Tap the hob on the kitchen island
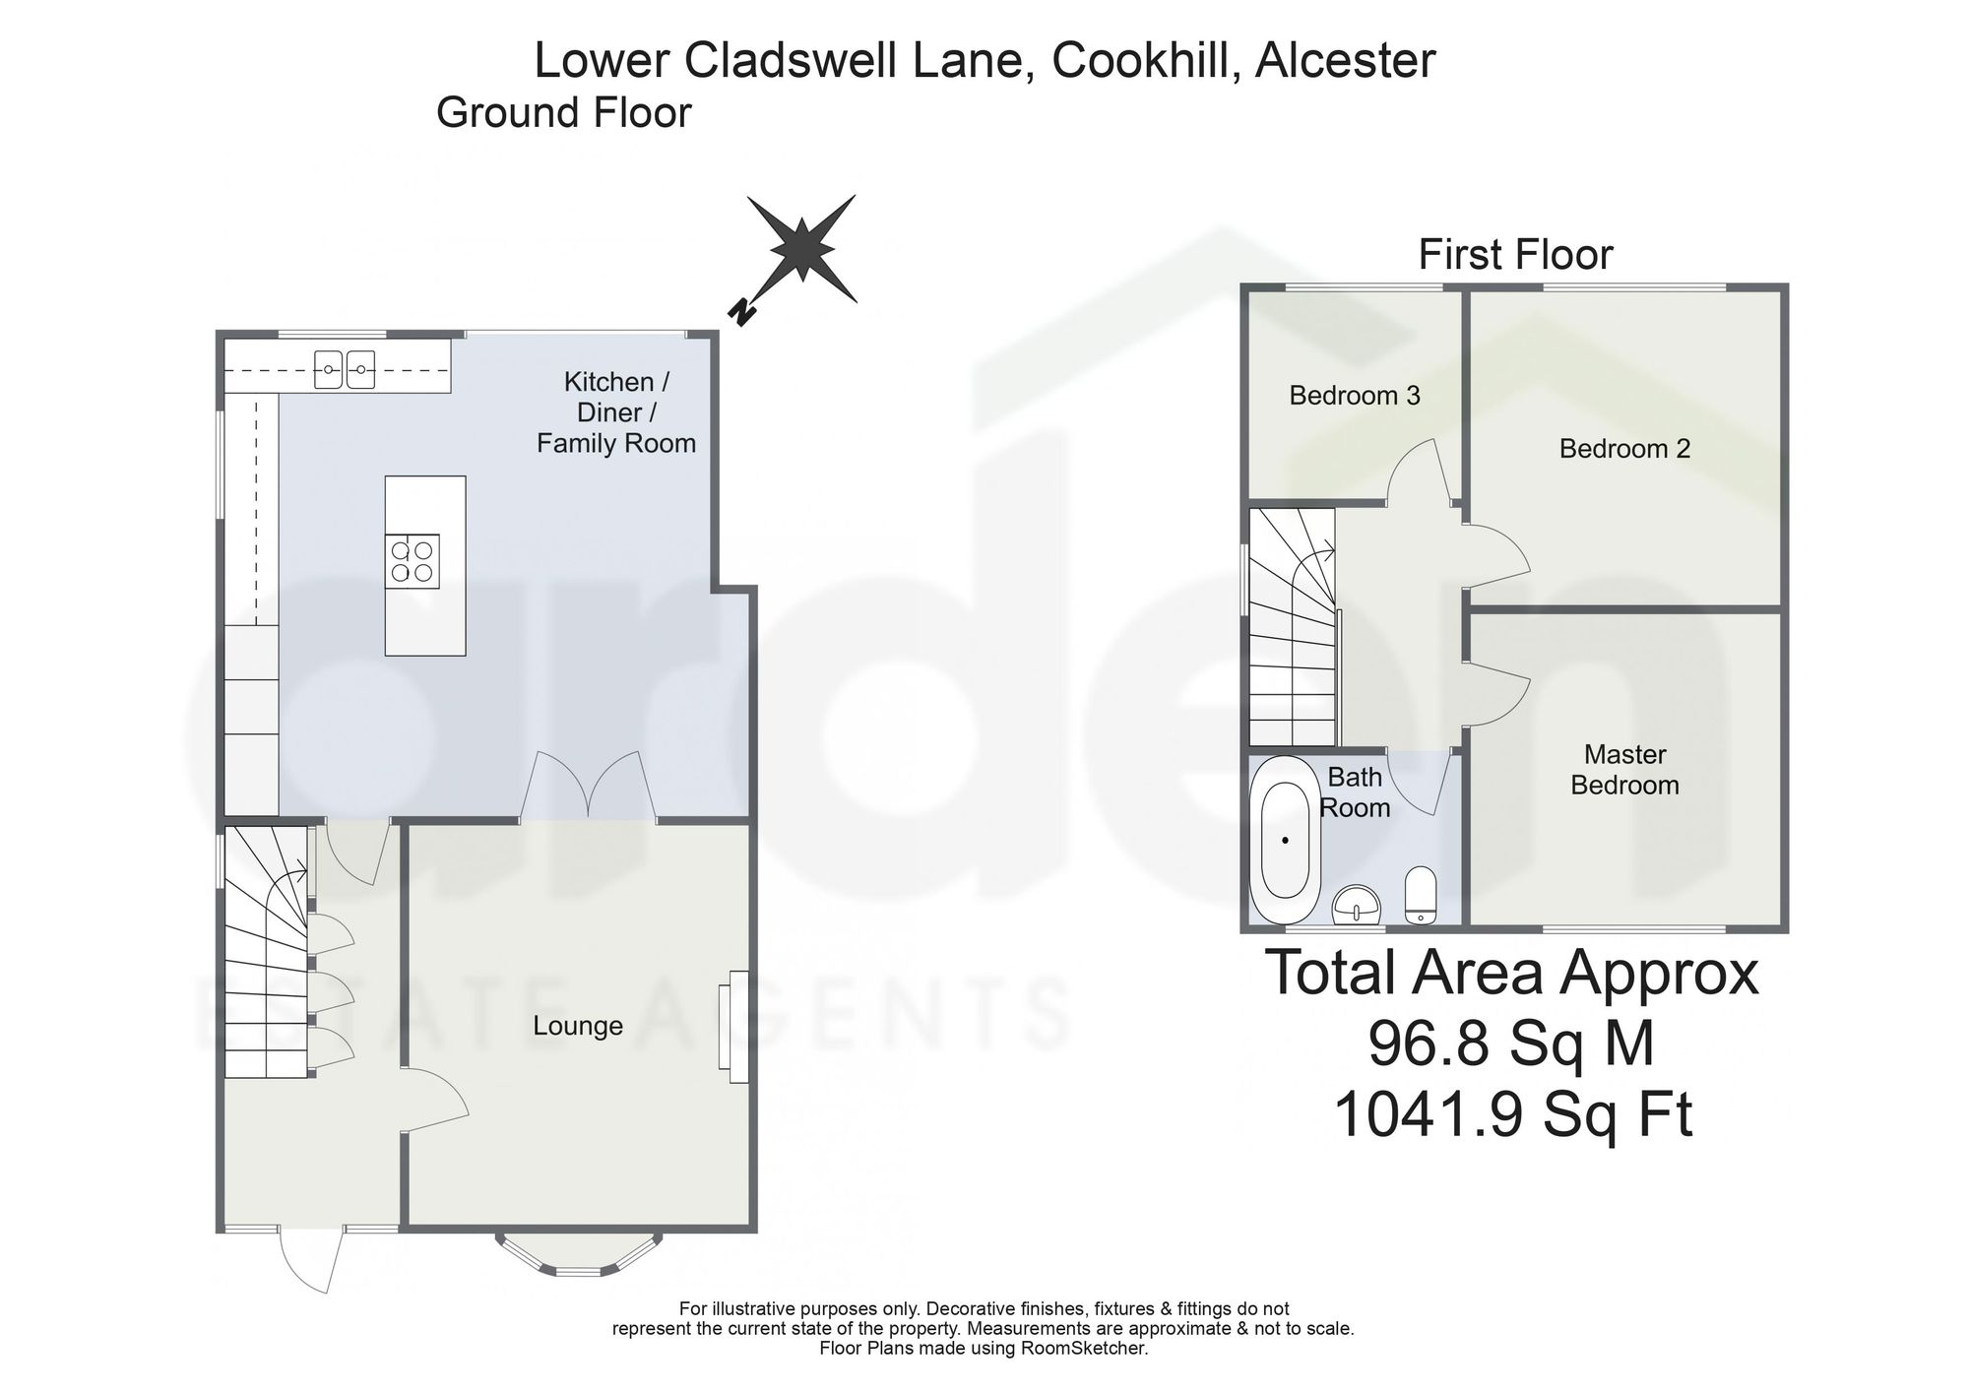point(413,561)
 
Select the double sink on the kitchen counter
point(345,369)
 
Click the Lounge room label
point(578,1026)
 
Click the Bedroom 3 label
point(1355,396)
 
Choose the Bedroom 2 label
point(1624,449)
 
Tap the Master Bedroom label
point(1624,770)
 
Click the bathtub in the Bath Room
point(1285,840)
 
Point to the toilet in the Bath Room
point(1420,895)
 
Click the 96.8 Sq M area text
point(1511,1044)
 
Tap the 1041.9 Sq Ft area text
point(1513,1115)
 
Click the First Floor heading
point(1515,255)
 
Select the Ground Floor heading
point(564,113)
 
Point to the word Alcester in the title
point(1346,61)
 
